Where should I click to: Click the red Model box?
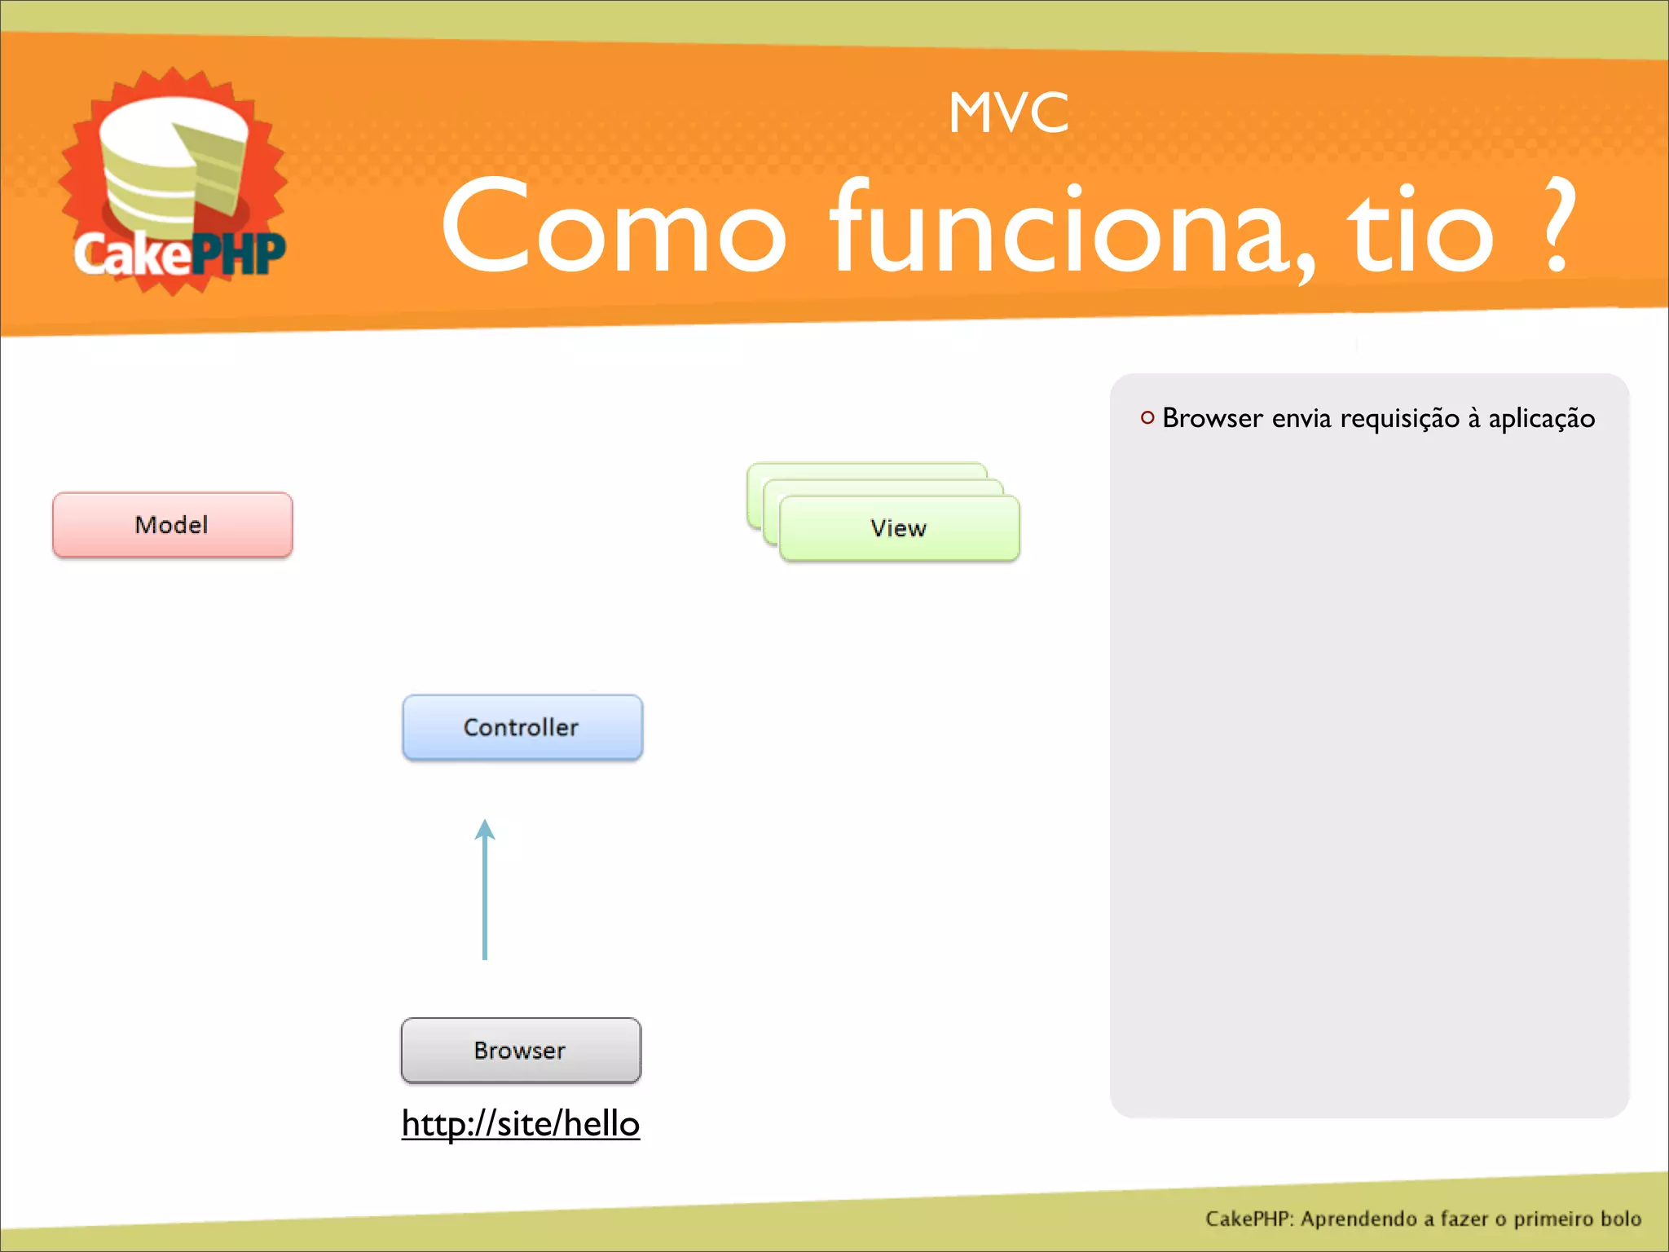tap(172, 525)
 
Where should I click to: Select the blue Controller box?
tap(522, 727)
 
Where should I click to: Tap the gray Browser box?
tap(521, 1051)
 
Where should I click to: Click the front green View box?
tap(899, 528)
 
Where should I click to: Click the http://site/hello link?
tap(521, 1124)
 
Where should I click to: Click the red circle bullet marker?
tap(1147, 418)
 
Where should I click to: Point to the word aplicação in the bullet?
tap(1541, 419)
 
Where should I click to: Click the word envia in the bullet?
tap(1301, 419)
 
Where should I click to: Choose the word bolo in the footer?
tap(1620, 1219)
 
